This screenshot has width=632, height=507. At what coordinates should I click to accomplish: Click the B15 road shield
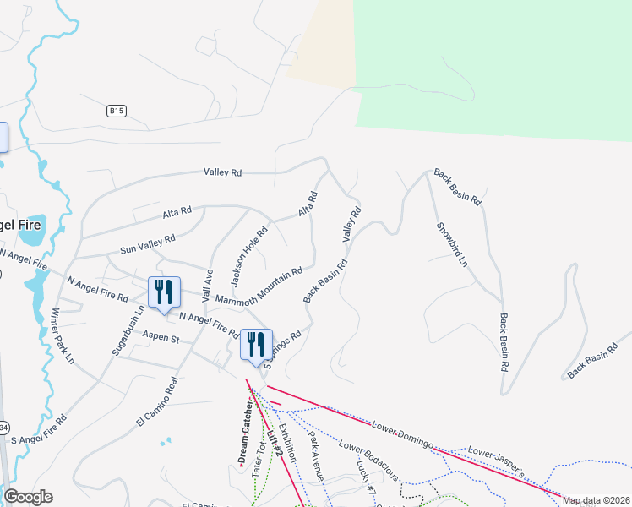[x=117, y=111]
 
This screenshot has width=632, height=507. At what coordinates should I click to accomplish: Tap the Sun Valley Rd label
[x=148, y=244]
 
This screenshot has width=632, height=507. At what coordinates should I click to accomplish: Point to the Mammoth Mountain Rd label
[x=259, y=287]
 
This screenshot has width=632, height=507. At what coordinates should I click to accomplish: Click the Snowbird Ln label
[x=451, y=245]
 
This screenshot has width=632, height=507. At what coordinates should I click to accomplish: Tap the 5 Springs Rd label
[x=283, y=347]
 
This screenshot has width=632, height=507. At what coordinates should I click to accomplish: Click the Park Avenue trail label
[x=315, y=456]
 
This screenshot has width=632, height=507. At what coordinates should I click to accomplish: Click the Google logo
[x=28, y=497]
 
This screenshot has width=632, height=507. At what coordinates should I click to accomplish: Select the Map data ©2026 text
[x=597, y=500]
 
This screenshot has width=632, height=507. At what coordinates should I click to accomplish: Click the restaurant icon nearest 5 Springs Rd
[x=256, y=344]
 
